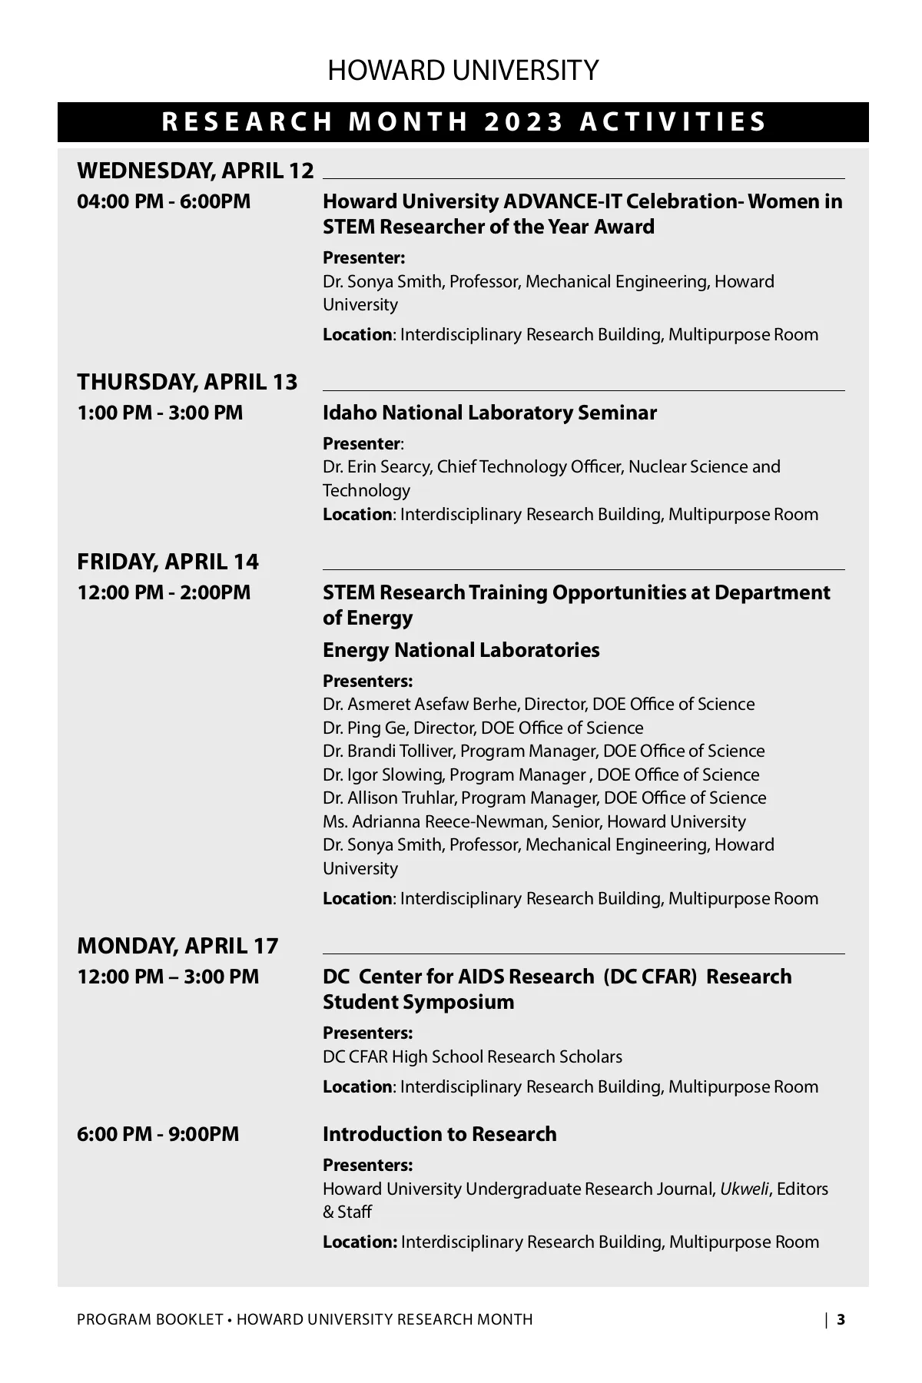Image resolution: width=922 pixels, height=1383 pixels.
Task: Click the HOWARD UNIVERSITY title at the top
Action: pos(463,71)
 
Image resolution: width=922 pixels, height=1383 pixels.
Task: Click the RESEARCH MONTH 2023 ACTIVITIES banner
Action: pos(464,122)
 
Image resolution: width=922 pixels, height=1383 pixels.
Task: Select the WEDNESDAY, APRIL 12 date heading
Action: pos(195,171)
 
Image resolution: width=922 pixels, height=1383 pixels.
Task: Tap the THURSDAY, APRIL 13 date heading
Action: pos(187,382)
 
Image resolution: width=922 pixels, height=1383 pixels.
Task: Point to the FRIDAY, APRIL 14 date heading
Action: pos(167,562)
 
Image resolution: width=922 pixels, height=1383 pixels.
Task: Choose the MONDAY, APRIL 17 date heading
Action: pos(177,946)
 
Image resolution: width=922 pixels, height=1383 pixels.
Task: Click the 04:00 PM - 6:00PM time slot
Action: pos(164,201)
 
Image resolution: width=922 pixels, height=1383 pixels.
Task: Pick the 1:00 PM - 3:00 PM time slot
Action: pos(160,413)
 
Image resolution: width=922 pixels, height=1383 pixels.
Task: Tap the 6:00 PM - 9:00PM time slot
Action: pos(158,1134)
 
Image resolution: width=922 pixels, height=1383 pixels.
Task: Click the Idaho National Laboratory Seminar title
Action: pos(489,413)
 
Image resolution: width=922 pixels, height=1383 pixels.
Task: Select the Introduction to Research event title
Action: pos(439,1134)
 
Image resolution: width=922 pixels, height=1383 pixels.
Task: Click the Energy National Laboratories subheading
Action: pos(461,650)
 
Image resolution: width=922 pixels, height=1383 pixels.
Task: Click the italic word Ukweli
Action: pos(744,1189)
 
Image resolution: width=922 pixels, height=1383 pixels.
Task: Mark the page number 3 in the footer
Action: pos(841,1320)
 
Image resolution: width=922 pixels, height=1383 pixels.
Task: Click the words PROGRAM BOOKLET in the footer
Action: pos(150,1320)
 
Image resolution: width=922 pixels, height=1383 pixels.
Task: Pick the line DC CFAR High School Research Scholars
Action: pos(473,1056)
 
